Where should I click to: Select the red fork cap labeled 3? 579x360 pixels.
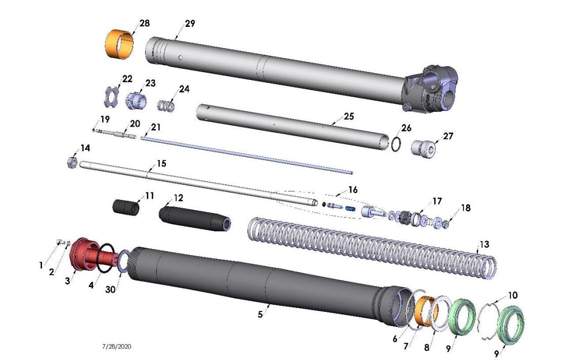(x=82, y=254)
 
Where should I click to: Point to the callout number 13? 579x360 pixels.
(x=484, y=245)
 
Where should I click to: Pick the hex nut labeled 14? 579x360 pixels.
(x=71, y=163)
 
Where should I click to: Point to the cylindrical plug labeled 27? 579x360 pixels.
(x=424, y=148)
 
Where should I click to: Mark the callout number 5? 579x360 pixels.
(x=260, y=314)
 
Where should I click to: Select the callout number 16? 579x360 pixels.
(x=352, y=190)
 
